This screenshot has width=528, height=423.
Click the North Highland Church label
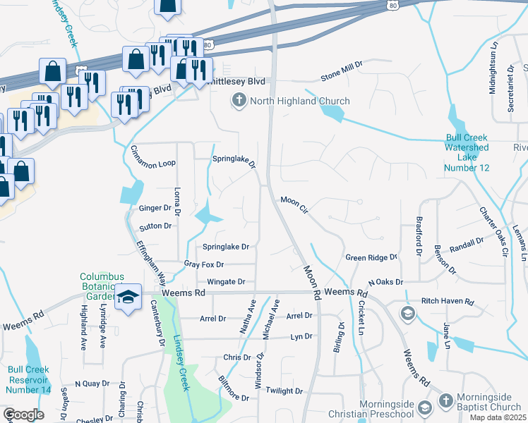[x=299, y=101]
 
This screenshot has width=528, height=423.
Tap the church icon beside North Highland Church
[x=239, y=101]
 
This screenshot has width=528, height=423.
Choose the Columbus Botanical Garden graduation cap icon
[x=128, y=297]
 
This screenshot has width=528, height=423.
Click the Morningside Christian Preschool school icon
[x=425, y=407]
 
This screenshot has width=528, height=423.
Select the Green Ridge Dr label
[x=371, y=257]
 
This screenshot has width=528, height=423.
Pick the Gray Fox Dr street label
[x=203, y=264]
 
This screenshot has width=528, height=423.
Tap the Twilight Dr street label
[x=284, y=391]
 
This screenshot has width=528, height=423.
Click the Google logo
[x=23, y=415]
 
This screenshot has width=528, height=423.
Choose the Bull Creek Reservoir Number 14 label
[x=30, y=379]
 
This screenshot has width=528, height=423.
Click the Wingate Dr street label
[x=226, y=281]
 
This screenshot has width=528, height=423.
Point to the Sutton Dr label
[x=155, y=226]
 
